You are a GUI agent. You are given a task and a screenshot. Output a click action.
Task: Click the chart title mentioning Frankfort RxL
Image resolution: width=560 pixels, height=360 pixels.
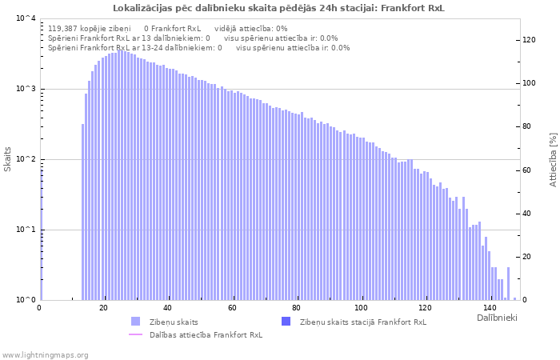279,8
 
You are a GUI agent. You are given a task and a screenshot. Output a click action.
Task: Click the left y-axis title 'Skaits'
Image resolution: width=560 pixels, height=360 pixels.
8,159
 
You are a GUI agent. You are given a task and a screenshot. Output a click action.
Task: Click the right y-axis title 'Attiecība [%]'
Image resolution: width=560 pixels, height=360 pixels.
552,159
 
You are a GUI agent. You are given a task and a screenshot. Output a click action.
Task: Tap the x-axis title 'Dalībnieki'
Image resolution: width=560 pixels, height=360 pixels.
497,318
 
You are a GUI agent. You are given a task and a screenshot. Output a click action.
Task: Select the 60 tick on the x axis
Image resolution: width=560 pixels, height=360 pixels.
232,308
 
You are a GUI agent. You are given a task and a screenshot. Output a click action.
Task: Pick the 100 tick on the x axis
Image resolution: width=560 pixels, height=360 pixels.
362,308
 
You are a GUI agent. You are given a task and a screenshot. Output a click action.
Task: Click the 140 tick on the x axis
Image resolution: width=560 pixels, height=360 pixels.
490,308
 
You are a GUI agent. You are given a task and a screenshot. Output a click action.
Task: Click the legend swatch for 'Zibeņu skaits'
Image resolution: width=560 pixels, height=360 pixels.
135,322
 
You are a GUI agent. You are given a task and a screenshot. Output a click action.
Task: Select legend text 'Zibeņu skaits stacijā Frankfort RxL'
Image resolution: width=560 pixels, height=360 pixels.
362,322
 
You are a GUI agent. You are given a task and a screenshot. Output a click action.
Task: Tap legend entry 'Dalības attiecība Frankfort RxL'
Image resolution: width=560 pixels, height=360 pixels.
206,334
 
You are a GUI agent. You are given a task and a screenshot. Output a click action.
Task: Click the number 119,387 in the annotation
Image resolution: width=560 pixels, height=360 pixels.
66,28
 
